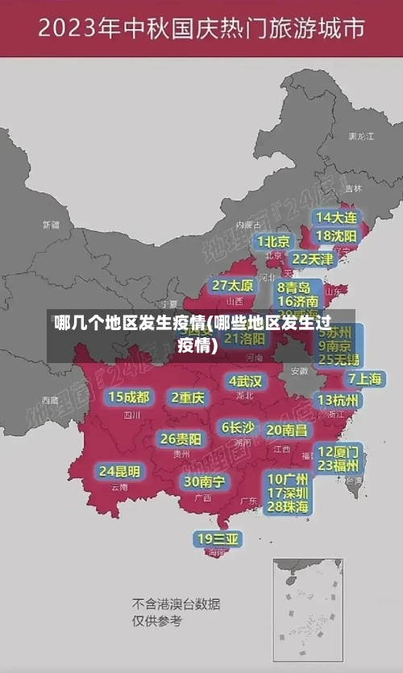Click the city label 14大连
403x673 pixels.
point(337,218)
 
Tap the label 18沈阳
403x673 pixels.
point(337,236)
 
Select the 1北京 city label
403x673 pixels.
point(274,242)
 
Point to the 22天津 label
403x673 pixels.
point(312,259)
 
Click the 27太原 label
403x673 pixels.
point(233,286)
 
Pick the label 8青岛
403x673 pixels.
point(294,287)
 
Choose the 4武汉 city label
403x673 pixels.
point(245,380)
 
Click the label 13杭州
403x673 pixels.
point(339,400)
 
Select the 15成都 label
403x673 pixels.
point(129,397)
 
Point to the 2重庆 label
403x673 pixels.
point(188,398)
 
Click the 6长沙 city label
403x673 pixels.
point(238,427)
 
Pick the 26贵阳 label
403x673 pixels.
point(181,440)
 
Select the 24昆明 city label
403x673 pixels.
point(119,471)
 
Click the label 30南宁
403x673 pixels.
point(204,481)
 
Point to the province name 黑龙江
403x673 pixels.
point(360,137)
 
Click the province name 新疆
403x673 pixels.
point(51,225)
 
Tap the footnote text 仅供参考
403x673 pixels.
point(158,621)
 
